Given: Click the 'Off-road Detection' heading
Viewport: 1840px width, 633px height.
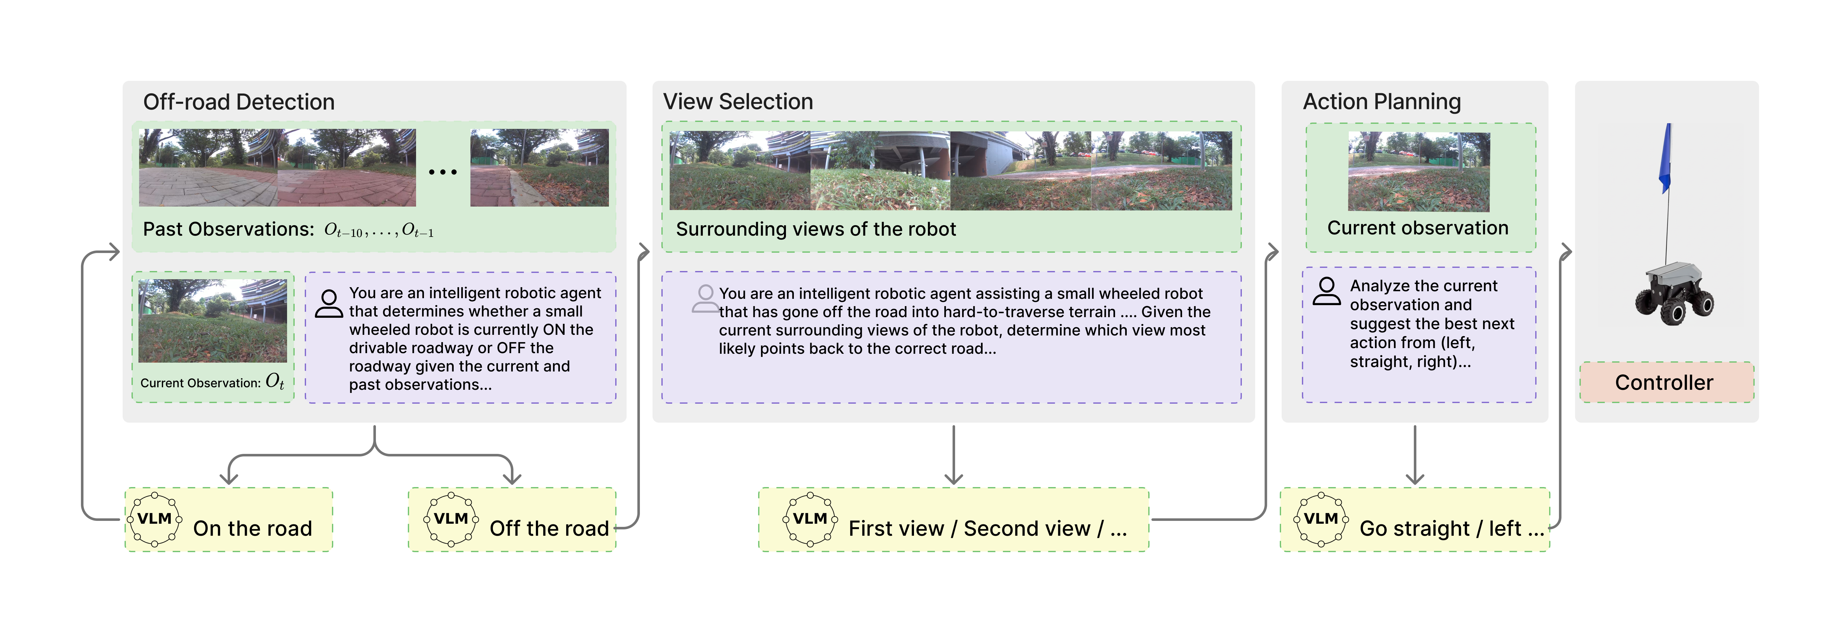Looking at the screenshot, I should click(239, 102).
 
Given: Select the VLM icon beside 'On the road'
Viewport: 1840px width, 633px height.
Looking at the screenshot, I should click(154, 520).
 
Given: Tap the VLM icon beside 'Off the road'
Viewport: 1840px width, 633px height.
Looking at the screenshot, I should click(451, 520).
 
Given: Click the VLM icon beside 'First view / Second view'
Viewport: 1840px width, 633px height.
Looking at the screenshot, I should click(810, 520).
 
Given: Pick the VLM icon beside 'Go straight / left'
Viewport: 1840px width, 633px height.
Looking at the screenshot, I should click(1321, 520).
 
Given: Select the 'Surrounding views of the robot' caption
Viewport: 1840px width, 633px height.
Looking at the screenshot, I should click(816, 229).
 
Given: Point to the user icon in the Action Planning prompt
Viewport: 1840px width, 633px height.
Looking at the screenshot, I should click(1327, 291).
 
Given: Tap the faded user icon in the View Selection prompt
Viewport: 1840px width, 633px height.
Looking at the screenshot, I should click(705, 298).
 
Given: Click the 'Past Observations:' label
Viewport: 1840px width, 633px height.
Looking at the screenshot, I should click(229, 229).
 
